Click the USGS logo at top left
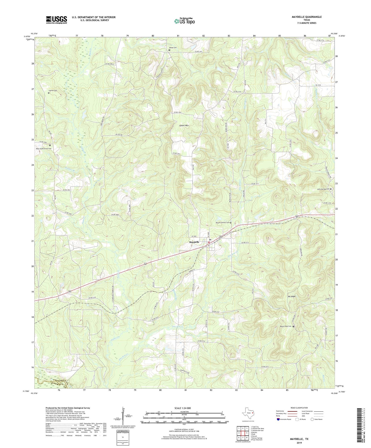coord(56,20)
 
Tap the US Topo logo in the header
coord(184,21)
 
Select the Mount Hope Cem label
coord(286,326)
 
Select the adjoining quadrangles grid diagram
coord(243,434)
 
